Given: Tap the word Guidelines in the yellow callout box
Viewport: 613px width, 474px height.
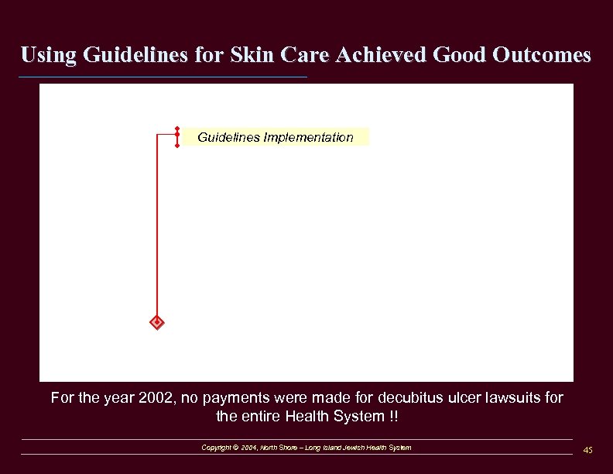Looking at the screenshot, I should (x=228, y=137).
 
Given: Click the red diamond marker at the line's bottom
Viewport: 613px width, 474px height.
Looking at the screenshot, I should (x=156, y=321).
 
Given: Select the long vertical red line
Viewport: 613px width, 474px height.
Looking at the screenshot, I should (x=157, y=232).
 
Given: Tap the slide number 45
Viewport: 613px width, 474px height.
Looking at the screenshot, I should (x=587, y=450).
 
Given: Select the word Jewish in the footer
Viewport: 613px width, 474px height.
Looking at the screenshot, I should (x=353, y=448).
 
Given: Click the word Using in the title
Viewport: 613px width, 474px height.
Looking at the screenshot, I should (x=47, y=55).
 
